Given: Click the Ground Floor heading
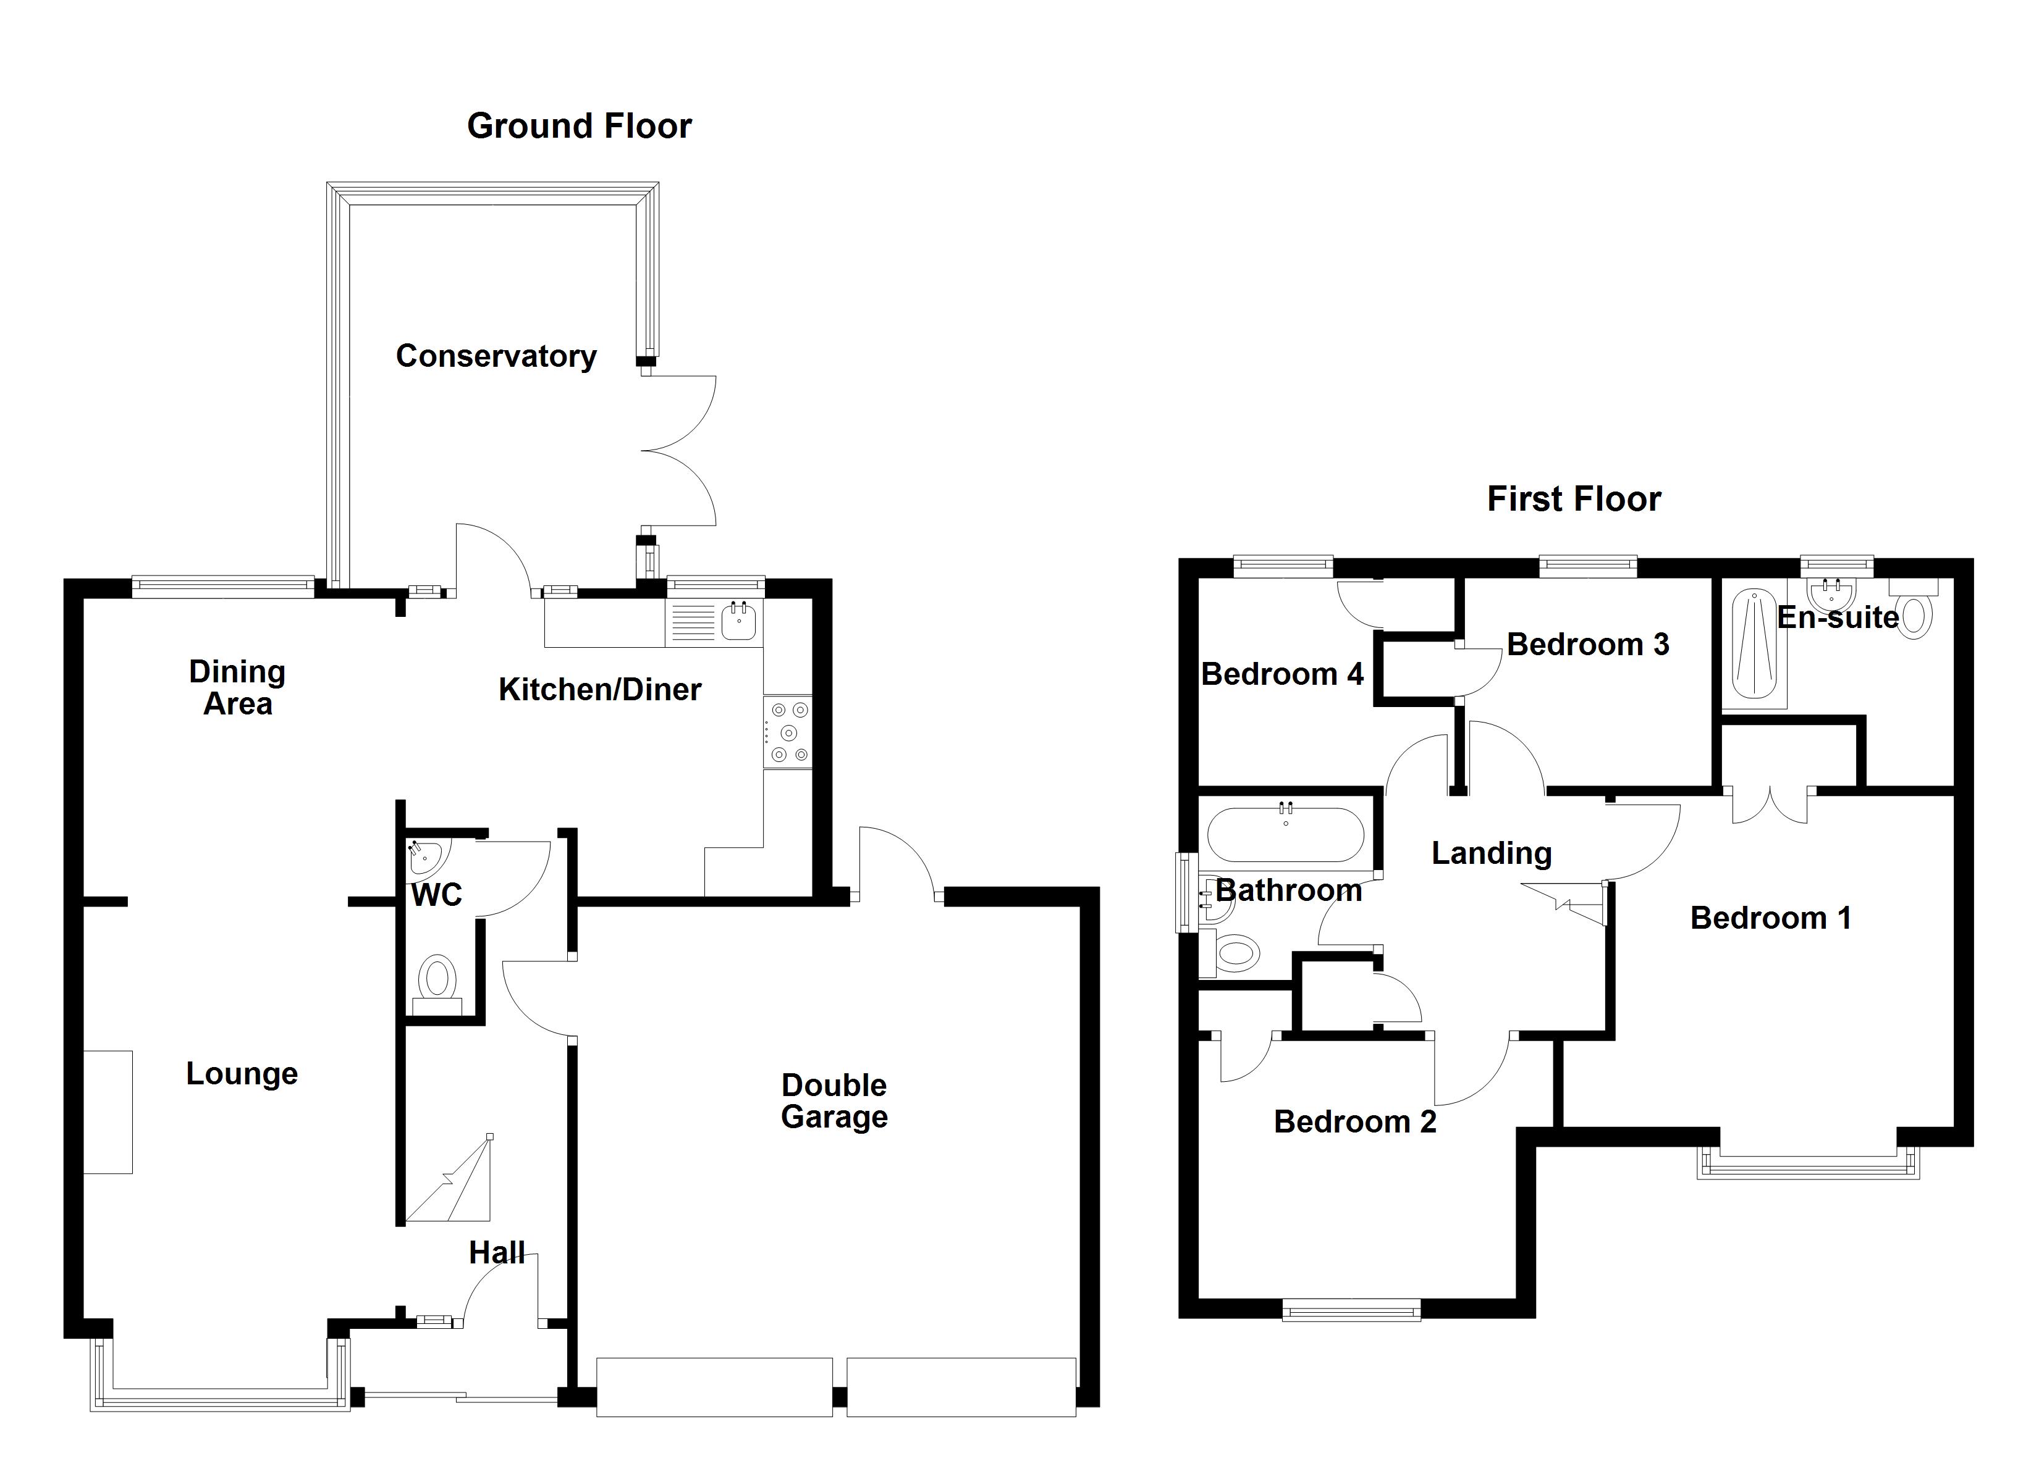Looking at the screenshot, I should point(579,126).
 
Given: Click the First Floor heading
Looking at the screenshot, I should point(1573,499).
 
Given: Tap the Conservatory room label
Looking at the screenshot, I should point(496,356).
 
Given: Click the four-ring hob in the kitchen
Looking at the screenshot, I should point(788,732).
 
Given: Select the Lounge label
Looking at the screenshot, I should point(241,1073).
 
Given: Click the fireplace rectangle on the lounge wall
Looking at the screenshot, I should point(108,1111).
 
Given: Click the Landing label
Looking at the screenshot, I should point(1490,853).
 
